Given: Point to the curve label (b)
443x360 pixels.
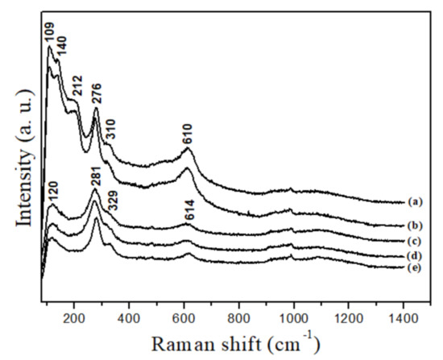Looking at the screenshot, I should pos(416,225).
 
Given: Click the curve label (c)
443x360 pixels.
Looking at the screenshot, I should pos(416,240).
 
